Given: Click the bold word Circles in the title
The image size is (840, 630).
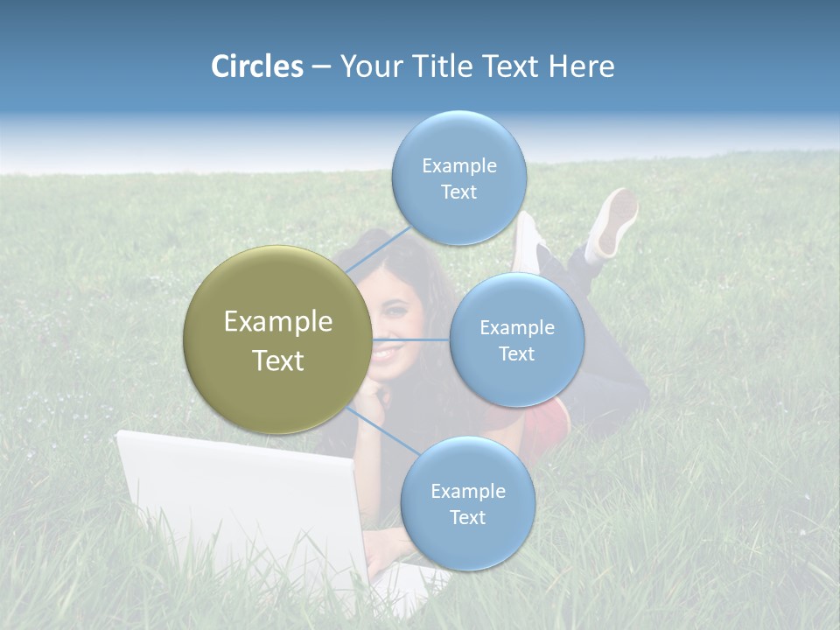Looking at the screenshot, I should point(257,66).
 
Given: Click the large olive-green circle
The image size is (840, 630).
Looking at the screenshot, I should point(277,339).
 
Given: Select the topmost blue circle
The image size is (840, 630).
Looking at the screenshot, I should point(458,178).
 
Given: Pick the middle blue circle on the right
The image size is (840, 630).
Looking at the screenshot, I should point(516,339).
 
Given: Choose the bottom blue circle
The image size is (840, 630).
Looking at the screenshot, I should point(467,503).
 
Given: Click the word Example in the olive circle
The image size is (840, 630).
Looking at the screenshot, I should point(277,322).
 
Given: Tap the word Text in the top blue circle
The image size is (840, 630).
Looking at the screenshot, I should point(458,192).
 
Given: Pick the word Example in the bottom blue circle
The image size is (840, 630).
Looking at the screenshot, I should point(467,491).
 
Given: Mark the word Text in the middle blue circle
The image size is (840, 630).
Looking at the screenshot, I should point(516,353).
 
